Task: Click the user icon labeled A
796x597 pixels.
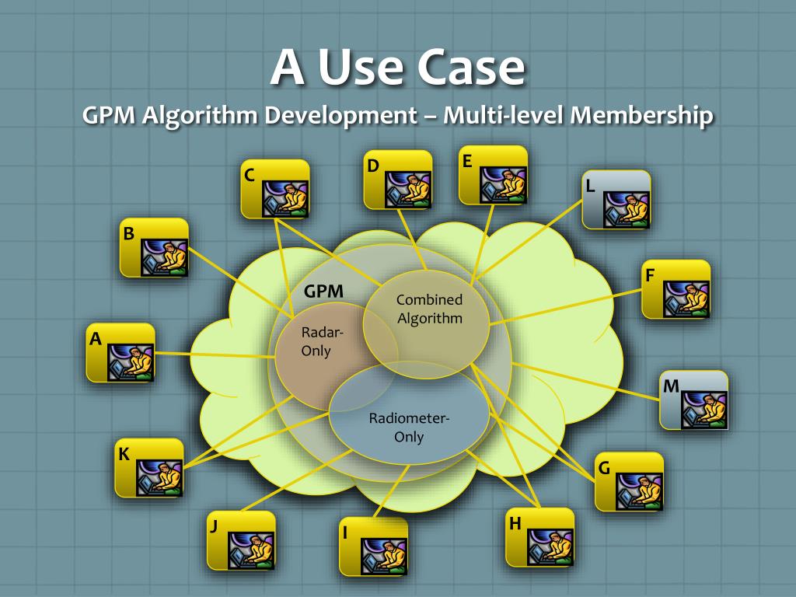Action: coord(120,353)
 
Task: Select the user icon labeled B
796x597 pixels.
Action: coord(154,248)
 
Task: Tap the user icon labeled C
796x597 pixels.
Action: coord(275,189)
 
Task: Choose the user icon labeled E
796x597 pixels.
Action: coord(493,176)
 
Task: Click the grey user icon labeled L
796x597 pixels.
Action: coord(616,200)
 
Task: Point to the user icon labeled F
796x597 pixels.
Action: coord(676,289)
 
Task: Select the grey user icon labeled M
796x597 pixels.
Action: coord(694,400)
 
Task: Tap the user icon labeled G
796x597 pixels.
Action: coord(629,482)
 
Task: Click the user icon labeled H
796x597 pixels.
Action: coord(539,537)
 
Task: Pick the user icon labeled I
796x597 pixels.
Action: coord(373,546)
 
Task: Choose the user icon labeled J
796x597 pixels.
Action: coord(241,541)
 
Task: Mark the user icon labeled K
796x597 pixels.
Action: coord(149,468)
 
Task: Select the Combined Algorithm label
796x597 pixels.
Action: coord(429,309)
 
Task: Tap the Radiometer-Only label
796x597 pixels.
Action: coord(409,428)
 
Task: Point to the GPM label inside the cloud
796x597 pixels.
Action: coord(323,292)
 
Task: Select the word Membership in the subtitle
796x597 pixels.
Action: coord(641,116)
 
